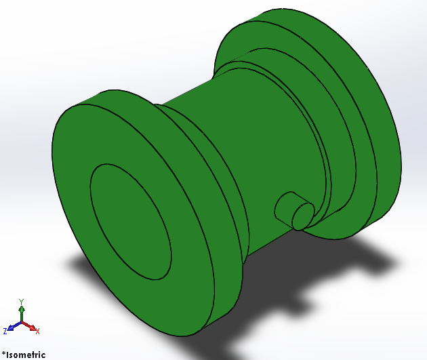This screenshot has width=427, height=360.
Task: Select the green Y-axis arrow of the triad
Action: tap(22, 313)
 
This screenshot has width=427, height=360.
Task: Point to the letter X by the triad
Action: tap(38, 332)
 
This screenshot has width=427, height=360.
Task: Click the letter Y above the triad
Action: tap(22, 301)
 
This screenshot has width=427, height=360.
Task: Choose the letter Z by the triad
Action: tap(5, 331)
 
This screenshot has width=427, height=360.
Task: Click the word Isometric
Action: tap(26, 354)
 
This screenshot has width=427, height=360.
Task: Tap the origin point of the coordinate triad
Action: tap(22, 323)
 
